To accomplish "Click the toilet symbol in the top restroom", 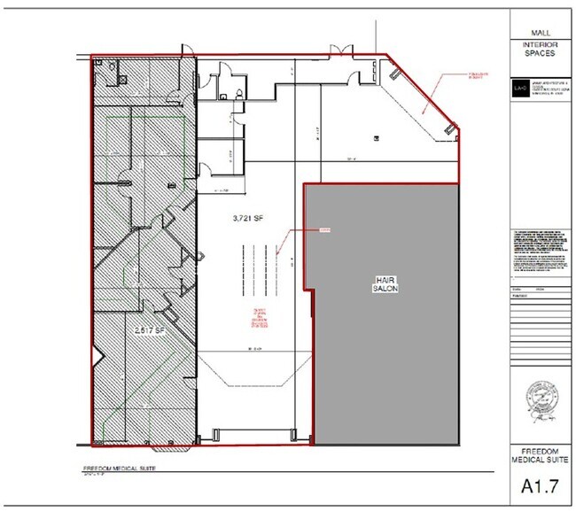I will tap(241, 93).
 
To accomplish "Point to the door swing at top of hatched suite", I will tap(185, 51).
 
